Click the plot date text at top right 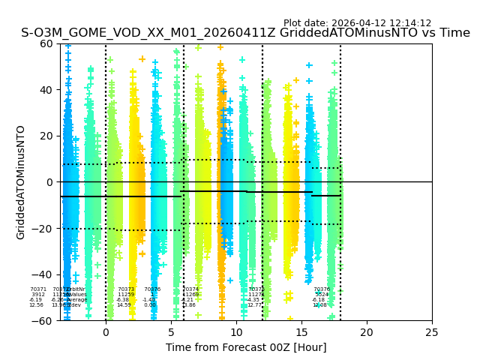tap(357, 23)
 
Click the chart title tap(245, 33)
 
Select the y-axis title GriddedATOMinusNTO tap(21, 182)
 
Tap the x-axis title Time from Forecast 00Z tap(246, 347)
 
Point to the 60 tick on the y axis tap(47, 43)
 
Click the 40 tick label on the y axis tap(47, 90)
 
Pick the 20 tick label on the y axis tap(47, 136)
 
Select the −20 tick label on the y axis tap(44, 229)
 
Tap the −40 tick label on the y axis tap(44, 274)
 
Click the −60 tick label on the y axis tap(44, 321)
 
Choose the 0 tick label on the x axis tap(106, 331)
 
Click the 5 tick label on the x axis tap(171, 331)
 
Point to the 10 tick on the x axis tap(236, 331)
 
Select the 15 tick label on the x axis tap(301, 331)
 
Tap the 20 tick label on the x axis tap(367, 331)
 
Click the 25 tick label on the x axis tap(432, 331)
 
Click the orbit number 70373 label tap(126, 289)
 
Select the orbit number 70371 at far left tap(38, 289)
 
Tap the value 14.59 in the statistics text tap(124, 305)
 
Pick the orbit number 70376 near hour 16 tap(322, 289)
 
